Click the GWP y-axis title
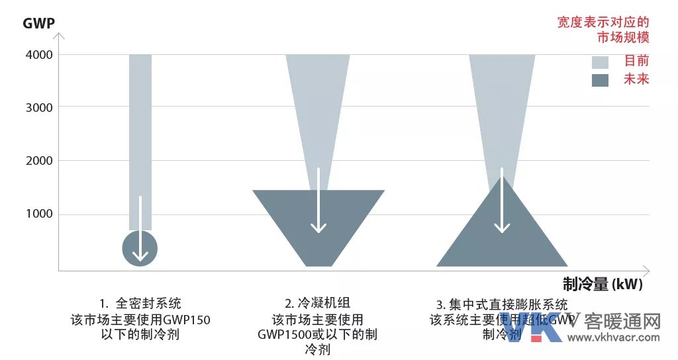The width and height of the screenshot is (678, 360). [38, 24]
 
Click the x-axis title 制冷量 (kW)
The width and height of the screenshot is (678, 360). [603, 285]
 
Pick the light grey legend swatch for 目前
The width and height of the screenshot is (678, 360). [600, 62]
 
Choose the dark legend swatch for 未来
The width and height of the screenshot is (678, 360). [600, 80]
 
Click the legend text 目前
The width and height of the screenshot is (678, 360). [636, 62]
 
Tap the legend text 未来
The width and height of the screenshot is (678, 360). [636, 79]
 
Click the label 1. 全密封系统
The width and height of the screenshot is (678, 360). [140, 304]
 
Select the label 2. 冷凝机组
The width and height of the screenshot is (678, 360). [318, 304]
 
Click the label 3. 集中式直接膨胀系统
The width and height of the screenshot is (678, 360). [502, 305]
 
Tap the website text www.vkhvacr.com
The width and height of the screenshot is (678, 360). [614, 337]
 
